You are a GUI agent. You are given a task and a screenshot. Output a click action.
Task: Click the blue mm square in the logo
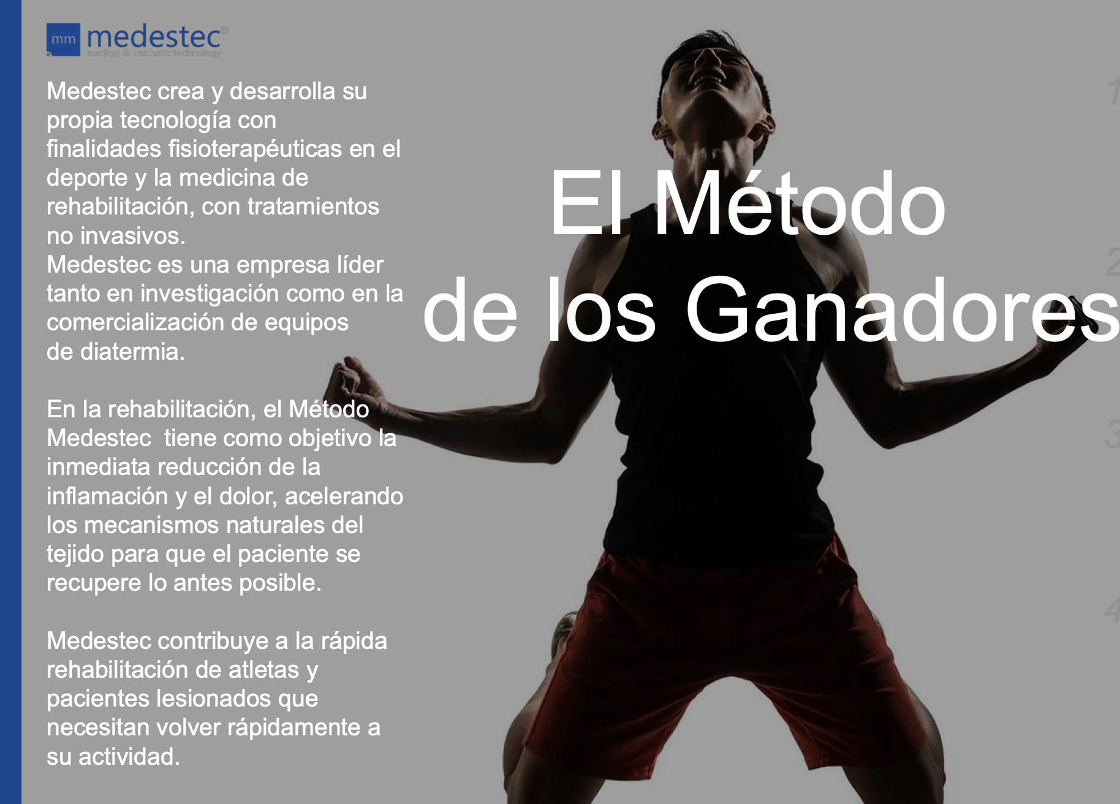[x=63, y=40]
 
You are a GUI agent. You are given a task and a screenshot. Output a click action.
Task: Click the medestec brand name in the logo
[x=154, y=37]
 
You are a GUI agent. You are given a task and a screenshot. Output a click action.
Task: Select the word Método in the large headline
[x=800, y=205]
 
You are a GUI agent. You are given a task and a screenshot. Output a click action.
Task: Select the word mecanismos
[x=160, y=525]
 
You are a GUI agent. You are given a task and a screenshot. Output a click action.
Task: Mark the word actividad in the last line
[x=129, y=757]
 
